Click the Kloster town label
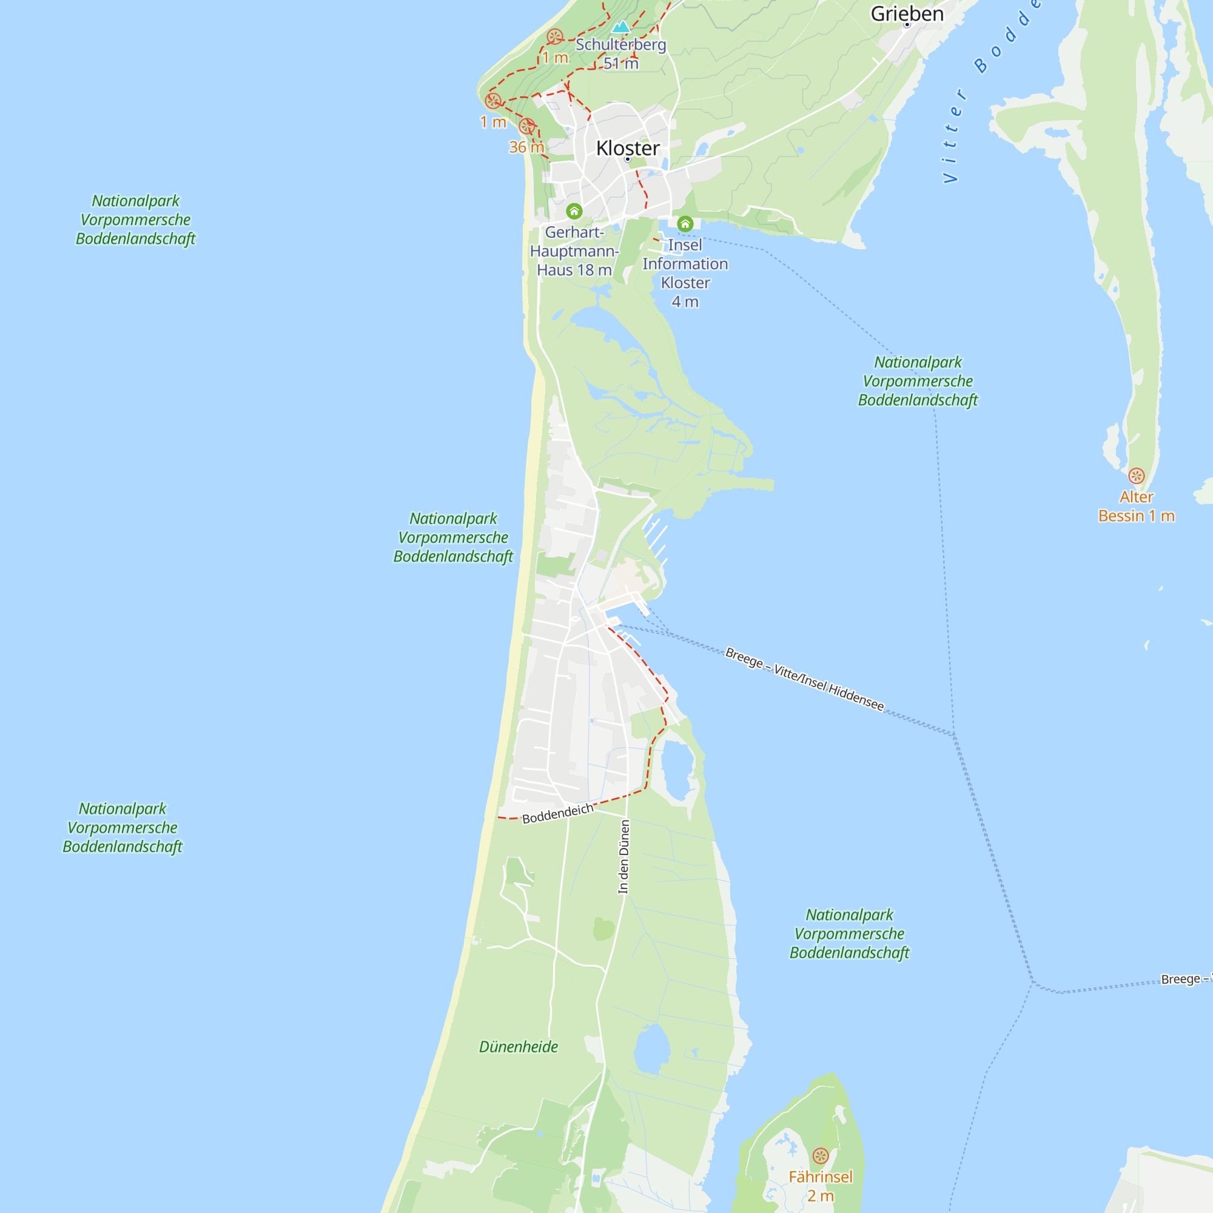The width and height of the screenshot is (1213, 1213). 627,148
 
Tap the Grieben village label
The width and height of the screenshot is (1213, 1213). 907,14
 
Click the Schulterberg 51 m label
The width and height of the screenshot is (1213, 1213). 620,54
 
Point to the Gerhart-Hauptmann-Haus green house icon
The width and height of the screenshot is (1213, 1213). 574,211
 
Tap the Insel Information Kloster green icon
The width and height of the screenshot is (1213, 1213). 685,224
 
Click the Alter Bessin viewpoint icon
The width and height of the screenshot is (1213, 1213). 1136,475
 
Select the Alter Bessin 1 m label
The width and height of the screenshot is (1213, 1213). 1136,506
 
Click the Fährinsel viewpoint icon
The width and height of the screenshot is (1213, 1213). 821,1156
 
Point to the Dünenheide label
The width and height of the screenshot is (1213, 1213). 518,1047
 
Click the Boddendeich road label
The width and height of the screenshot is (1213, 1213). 557,814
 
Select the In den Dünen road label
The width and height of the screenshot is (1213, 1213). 623,856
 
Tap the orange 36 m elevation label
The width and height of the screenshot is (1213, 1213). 526,147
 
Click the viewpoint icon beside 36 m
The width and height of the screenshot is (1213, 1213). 527,126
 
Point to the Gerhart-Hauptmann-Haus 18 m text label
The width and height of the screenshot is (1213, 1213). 574,251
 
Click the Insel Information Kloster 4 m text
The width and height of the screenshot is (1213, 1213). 685,273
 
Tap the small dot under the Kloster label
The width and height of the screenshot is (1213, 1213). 627,160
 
